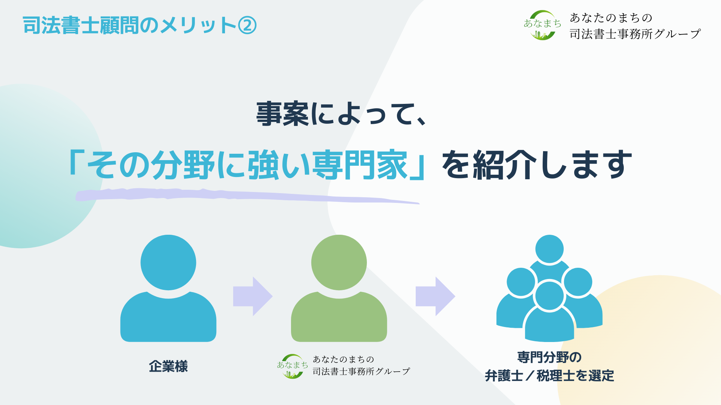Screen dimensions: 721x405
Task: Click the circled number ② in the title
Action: click(x=247, y=25)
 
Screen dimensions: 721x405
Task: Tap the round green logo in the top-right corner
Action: click(x=542, y=25)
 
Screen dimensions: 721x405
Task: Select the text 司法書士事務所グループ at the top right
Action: click(x=635, y=34)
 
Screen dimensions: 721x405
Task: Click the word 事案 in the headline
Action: click(x=282, y=114)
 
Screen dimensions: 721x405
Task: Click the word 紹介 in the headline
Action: click(x=504, y=165)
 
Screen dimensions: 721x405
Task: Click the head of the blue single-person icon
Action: click(x=168, y=262)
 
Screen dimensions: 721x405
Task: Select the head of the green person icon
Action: click(x=339, y=262)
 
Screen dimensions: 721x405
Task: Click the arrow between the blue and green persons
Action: click(x=253, y=296)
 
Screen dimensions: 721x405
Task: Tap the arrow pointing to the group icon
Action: click(x=435, y=296)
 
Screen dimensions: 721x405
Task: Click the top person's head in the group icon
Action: click(x=549, y=249)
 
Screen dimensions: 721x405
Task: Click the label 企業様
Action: click(x=168, y=366)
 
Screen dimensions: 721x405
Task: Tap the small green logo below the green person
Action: click(x=292, y=366)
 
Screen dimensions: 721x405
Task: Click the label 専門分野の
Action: click(x=549, y=357)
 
